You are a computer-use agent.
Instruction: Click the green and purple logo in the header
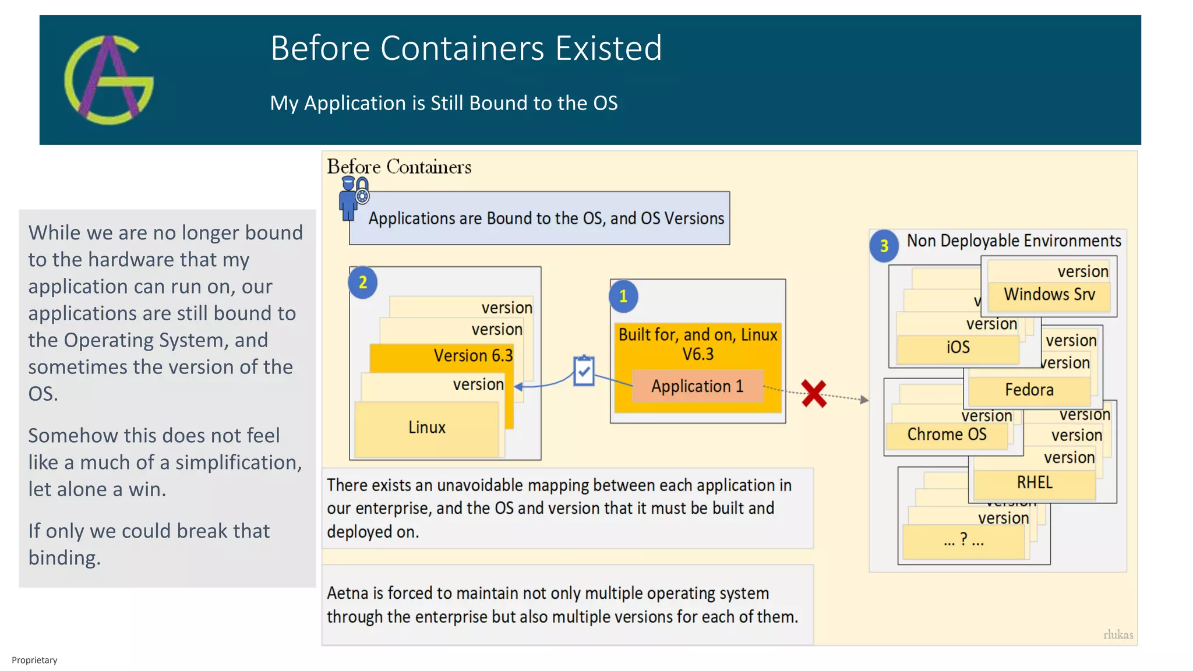point(109,80)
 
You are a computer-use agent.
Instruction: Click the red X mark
point(814,394)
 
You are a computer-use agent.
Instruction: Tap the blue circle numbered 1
point(623,296)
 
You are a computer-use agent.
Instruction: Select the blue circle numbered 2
point(362,282)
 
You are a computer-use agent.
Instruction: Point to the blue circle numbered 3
point(884,246)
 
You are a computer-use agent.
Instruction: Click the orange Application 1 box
point(697,386)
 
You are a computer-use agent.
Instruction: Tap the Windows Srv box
point(1049,295)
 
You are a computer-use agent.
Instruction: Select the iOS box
point(958,348)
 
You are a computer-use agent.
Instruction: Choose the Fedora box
point(1029,390)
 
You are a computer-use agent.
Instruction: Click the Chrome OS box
point(947,435)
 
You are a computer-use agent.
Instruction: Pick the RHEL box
point(1035,483)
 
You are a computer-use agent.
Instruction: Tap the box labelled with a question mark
point(963,541)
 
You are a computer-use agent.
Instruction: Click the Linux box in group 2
point(426,428)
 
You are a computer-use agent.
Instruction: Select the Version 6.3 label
point(473,355)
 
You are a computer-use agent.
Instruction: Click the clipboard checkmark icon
point(584,370)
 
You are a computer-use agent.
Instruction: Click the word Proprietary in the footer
point(34,660)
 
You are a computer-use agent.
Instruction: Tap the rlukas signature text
point(1118,634)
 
